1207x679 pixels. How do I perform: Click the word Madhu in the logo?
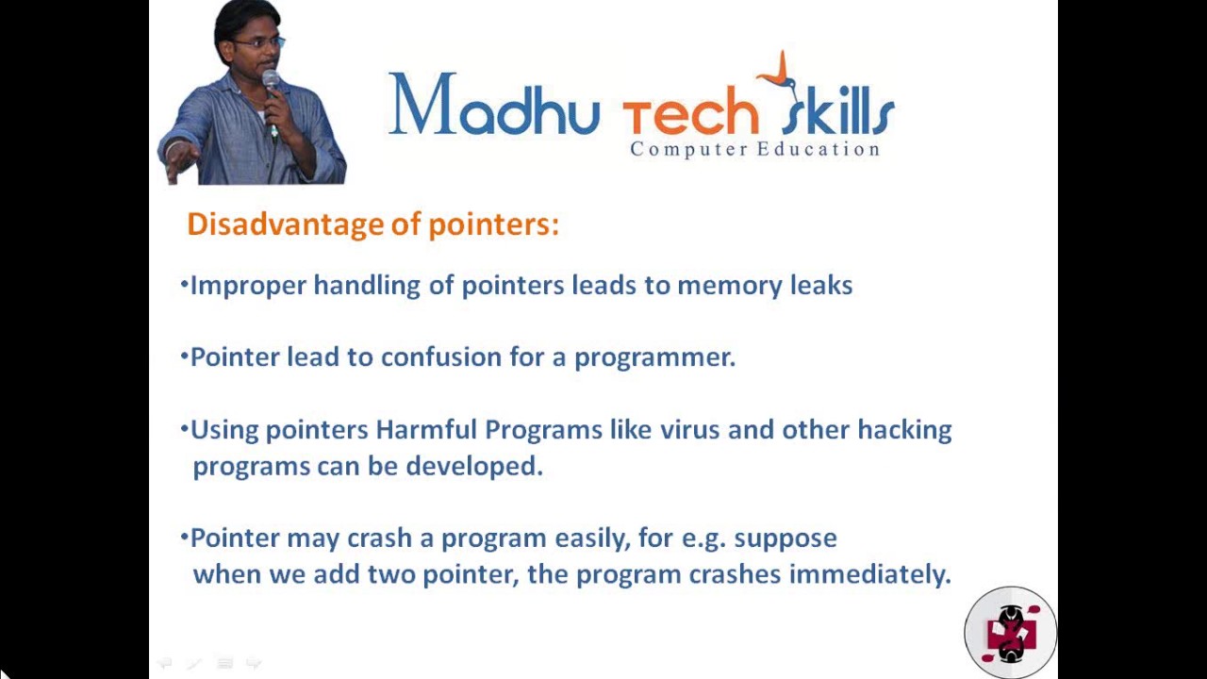pos(493,106)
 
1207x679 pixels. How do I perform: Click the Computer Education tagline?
pos(754,149)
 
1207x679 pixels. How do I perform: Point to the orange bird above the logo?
pos(781,71)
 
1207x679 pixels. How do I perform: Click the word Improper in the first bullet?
pos(248,286)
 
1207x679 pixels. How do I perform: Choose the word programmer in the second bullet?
pos(654,357)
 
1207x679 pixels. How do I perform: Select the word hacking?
pos(904,430)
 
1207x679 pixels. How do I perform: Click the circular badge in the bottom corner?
pos(1010,632)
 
